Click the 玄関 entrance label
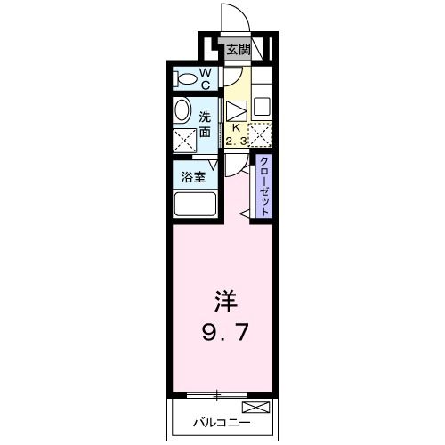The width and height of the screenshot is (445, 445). [237, 50]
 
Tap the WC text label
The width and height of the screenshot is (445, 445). [204, 78]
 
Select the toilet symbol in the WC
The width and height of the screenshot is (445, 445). [186, 78]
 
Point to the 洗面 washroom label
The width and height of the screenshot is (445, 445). [206, 124]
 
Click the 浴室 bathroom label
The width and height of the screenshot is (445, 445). [195, 176]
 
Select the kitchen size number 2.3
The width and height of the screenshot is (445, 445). [237, 140]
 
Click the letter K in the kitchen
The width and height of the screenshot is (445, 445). [237, 127]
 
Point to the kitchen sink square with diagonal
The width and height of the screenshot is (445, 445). [236, 110]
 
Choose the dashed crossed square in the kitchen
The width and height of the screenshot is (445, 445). [260, 134]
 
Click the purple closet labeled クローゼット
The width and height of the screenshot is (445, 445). [264, 187]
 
